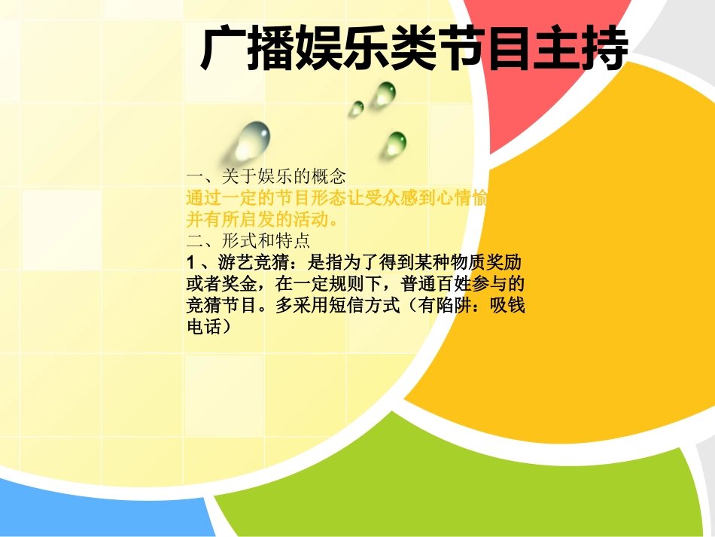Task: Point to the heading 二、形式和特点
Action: [x=248, y=243]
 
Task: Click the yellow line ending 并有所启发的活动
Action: [x=262, y=221]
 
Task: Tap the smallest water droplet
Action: [x=356, y=108]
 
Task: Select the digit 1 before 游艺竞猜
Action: [x=190, y=265]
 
